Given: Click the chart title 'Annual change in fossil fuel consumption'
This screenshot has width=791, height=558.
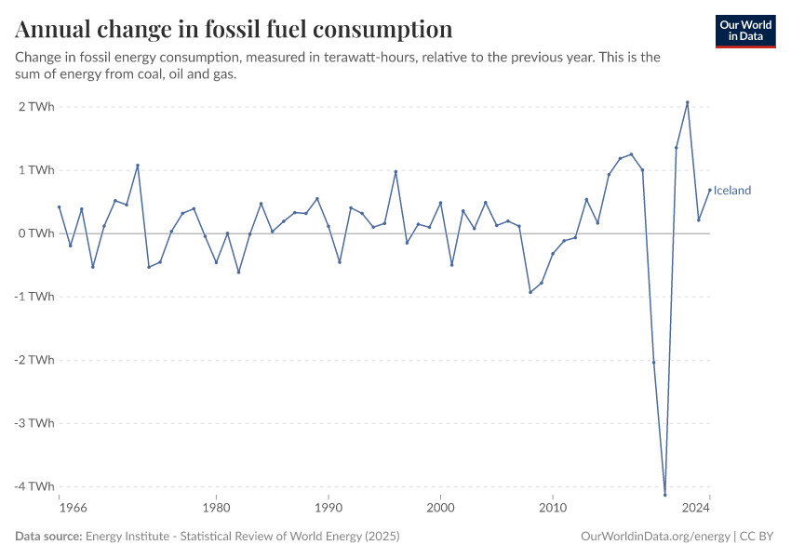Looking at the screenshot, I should pos(235,29).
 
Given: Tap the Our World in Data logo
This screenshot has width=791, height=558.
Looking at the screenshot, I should pos(744,31).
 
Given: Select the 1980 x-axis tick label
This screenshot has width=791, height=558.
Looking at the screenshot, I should pos(216,509).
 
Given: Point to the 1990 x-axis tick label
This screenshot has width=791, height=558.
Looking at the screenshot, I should pos(328,509).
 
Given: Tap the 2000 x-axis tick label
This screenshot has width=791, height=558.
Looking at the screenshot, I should pos(440,509).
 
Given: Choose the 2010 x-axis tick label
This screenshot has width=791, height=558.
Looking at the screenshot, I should pos(553,509).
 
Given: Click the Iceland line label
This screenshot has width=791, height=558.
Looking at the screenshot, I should pos(732,191).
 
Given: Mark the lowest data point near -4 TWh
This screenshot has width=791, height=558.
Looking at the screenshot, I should pos(665,494).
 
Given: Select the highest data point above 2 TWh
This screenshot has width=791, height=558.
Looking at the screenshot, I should pos(688,102).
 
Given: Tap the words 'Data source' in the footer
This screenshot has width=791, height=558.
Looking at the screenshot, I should pos(48,537).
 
